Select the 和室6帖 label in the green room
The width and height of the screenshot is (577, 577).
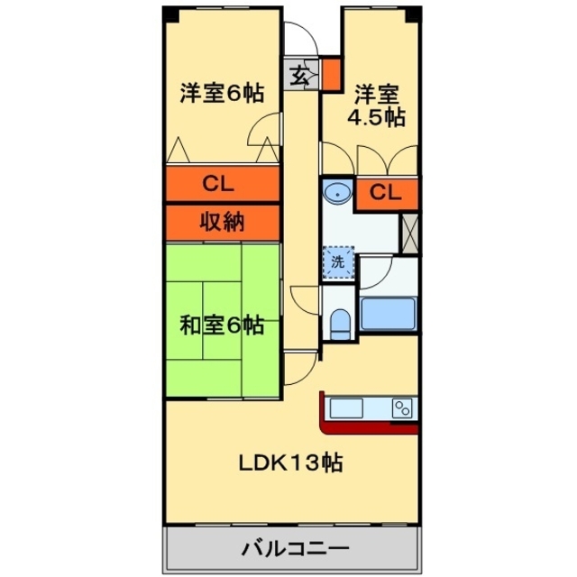point(222,326)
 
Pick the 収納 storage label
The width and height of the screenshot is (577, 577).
point(222,222)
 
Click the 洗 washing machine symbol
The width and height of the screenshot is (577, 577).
point(338,263)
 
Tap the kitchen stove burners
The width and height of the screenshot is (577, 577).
point(402,408)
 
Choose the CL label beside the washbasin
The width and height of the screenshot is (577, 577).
point(385,192)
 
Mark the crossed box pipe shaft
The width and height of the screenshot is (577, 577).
point(410,233)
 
